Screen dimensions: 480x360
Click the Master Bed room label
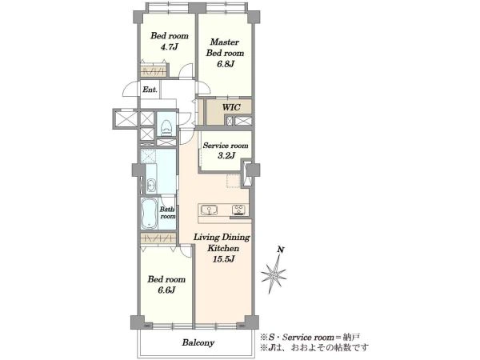(225, 47)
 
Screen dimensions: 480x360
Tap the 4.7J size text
(170, 47)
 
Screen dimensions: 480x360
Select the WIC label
(231, 107)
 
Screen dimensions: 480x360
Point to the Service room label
(226, 146)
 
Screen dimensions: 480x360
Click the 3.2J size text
(226, 156)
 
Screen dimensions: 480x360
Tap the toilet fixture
(166, 126)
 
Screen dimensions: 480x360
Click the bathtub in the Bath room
(150, 214)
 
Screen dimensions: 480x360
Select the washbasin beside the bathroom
(150, 185)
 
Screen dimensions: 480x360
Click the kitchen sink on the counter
(210, 210)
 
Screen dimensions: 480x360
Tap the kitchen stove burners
(238, 210)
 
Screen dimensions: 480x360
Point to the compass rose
(274, 274)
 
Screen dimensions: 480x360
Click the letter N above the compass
(281, 250)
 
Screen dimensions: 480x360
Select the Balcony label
(198, 342)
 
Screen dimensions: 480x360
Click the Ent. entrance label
(150, 90)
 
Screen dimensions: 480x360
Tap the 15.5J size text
(224, 259)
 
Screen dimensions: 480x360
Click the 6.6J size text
(166, 290)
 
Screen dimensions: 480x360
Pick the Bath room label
(167, 213)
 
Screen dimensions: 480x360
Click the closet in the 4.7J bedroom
(154, 71)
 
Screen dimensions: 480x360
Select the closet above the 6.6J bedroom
(158, 238)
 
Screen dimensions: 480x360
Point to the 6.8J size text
(225, 64)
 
